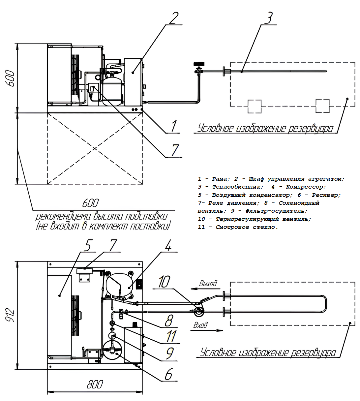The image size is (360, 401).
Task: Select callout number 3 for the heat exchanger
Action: coord(269,18)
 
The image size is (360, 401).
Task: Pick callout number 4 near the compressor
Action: coord(168,245)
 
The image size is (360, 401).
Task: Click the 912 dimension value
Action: coord(11,315)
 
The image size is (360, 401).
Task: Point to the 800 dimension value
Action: coord(95,385)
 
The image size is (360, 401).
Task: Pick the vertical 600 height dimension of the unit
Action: coord(11,78)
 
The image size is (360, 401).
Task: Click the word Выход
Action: coord(208,283)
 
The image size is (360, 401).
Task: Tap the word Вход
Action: coord(200,325)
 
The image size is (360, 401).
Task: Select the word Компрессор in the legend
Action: coord(305,187)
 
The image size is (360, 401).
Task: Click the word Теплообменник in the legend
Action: coord(237,187)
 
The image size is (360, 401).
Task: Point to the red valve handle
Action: coord(198,63)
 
